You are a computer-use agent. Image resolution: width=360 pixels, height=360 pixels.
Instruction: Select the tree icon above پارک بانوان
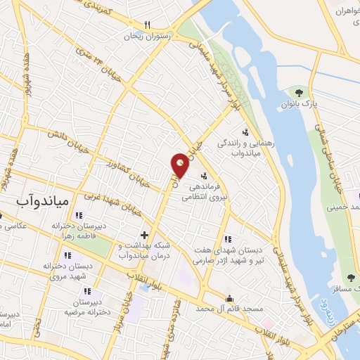tap(299, 92)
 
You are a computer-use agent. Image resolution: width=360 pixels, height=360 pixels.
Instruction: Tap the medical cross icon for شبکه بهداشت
tap(144, 235)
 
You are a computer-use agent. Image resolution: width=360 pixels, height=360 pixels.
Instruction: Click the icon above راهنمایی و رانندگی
tap(245, 131)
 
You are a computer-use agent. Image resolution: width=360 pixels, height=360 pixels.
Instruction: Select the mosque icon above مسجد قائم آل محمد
tap(229, 297)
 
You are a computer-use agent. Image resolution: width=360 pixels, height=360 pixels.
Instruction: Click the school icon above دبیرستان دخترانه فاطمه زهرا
tap(78, 215)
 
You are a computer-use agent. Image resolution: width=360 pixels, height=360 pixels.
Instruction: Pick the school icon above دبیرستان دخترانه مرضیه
tap(86, 290)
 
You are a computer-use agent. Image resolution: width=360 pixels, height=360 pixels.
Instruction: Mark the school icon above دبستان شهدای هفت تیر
tap(226, 239)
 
